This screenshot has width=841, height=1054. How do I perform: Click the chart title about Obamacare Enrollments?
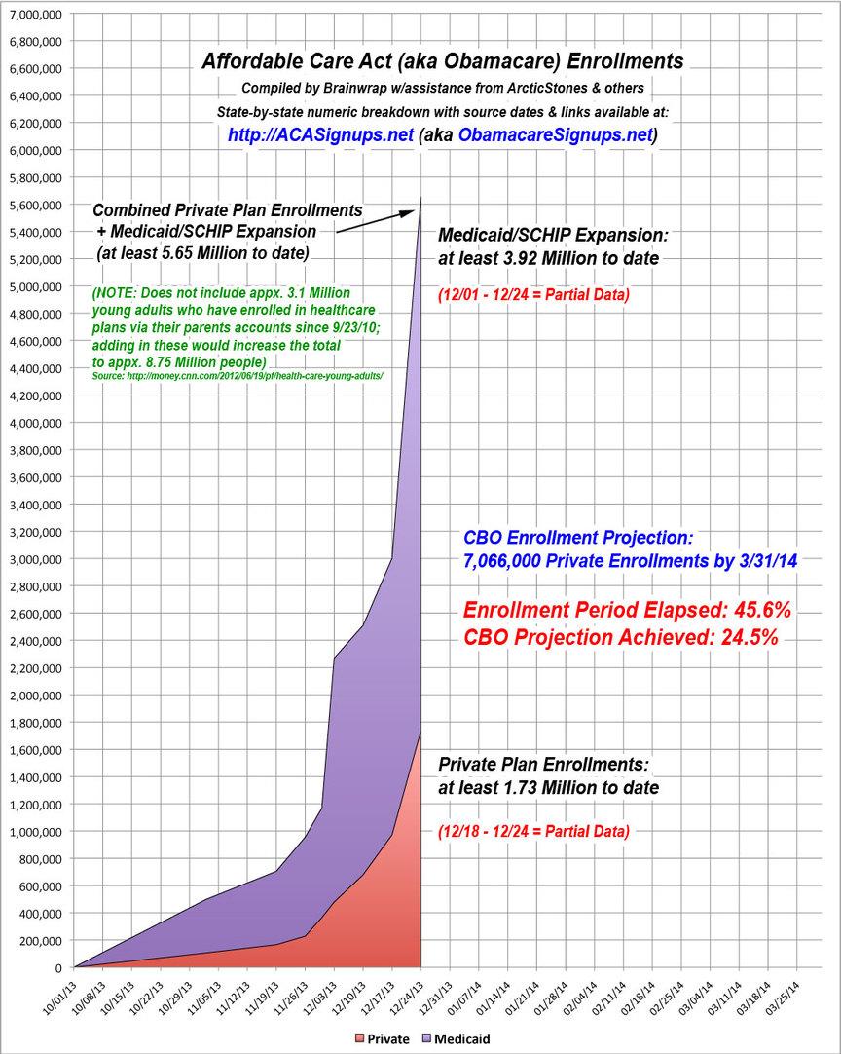(442, 61)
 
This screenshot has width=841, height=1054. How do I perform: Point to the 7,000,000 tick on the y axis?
(34, 15)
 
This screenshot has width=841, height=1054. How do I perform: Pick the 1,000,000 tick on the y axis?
(34, 832)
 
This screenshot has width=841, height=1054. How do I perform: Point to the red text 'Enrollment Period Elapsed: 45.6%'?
(626, 611)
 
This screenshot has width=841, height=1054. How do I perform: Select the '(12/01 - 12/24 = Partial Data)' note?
(533, 293)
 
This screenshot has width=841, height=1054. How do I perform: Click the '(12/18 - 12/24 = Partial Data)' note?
(533, 831)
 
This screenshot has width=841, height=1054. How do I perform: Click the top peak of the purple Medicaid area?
(420, 199)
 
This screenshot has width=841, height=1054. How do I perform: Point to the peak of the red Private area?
(420, 733)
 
